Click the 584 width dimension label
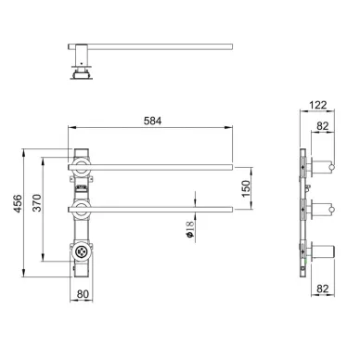click(x=152, y=121)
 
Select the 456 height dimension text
click(x=18, y=203)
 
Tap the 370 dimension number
click(x=37, y=203)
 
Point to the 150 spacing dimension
click(x=245, y=188)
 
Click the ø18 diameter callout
click(x=189, y=229)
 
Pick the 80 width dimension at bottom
click(x=83, y=294)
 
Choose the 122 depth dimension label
click(x=317, y=105)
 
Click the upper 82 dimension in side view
click(x=322, y=126)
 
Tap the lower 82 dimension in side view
click(x=322, y=289)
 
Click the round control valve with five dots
click(x=82, y=251)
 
